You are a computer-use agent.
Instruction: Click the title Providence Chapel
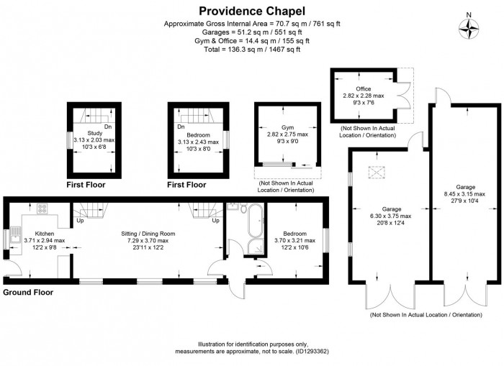point(252,11)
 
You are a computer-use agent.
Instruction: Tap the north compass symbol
point(469,27)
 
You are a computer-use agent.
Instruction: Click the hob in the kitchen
point(42,210)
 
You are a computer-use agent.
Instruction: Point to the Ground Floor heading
point(28,293)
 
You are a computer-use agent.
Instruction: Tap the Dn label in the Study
point(107,127)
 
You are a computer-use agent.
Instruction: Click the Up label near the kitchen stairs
point(80,220)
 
